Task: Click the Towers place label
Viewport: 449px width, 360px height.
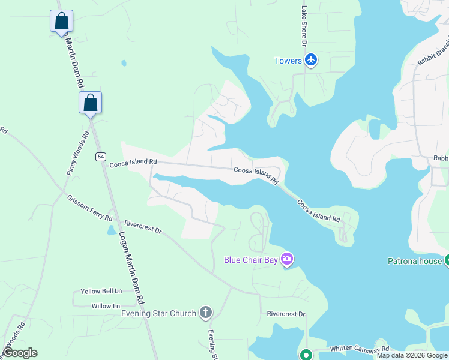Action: pos(288,61)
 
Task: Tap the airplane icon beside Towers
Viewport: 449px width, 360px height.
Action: pos(311,60)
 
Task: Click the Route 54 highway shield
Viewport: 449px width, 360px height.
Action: pos(100,157)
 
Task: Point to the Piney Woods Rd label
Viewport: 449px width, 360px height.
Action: pos(77,154)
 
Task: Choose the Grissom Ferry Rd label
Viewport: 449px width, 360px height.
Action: pos(90,207)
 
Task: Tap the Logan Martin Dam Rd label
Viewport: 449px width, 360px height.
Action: pos(132,267)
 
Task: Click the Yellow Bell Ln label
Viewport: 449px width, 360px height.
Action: pos(101,291)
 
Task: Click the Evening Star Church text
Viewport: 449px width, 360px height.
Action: pos(158,313)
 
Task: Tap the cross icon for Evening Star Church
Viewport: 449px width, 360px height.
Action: pos(206,312)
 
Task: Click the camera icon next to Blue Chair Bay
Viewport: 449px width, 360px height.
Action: pos(287,259)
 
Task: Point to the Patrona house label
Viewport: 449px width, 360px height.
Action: pos(414,262)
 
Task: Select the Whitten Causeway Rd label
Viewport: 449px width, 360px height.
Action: pos(359,349)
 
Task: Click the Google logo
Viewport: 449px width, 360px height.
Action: pos(20,353)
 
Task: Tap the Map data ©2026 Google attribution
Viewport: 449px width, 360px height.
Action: pos(412,355)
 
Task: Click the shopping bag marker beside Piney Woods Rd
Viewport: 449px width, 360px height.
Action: pos(90,103)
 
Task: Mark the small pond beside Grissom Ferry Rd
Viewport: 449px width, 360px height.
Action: pos(112,230)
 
